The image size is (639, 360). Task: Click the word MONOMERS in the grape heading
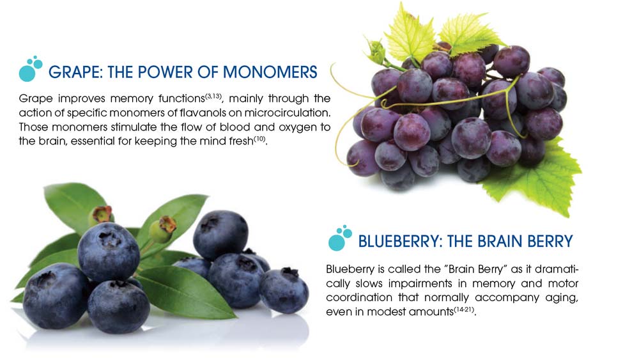click(270, 72)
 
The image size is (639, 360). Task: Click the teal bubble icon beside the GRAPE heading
click(31, 68)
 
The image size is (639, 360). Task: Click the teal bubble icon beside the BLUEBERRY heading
click(340, 238)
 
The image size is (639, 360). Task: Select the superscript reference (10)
click(259, 139)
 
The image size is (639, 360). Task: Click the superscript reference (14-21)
click(464, 309)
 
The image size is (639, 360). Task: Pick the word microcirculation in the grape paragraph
click(287, 113)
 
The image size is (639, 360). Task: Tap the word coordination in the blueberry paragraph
click(358, 297)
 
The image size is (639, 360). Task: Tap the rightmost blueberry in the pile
click(284, 290)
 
